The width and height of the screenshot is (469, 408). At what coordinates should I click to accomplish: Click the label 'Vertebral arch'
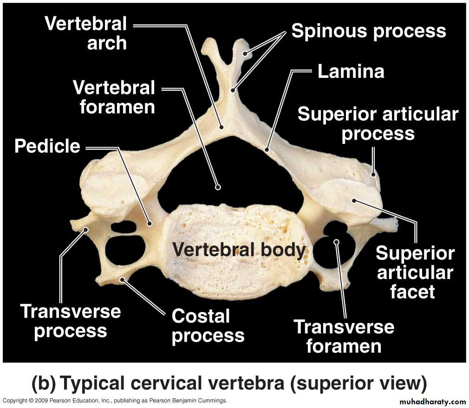pos(86,33)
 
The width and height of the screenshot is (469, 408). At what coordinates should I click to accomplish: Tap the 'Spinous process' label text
pos(369,31)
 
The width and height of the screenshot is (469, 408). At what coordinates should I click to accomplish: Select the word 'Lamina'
pos(351,71)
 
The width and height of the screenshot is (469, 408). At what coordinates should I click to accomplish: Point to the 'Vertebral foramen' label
pos(114,97)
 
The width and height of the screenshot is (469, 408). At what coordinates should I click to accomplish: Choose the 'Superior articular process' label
pos(378,124)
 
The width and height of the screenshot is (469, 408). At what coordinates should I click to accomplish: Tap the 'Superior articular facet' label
pos(415,272)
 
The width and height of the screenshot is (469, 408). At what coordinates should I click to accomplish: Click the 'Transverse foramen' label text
pos(344,337)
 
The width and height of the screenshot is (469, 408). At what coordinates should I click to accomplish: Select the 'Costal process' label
pos(208,326)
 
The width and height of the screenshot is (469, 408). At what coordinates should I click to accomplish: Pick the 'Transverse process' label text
pos(71,321)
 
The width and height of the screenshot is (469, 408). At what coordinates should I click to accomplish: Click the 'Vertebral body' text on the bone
pos(239,249)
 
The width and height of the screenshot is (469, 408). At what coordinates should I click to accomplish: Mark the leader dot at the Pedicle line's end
pos(150,223)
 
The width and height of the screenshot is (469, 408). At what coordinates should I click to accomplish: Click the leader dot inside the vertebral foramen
pos(218,187)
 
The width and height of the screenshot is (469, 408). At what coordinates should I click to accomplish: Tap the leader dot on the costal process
pos(122,279)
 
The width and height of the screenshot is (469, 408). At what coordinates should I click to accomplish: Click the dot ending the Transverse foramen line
pos(337,241)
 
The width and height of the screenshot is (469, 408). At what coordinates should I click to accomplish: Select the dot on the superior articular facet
pos(354,201)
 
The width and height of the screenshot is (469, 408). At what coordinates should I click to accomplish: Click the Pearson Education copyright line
pos(115,400)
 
